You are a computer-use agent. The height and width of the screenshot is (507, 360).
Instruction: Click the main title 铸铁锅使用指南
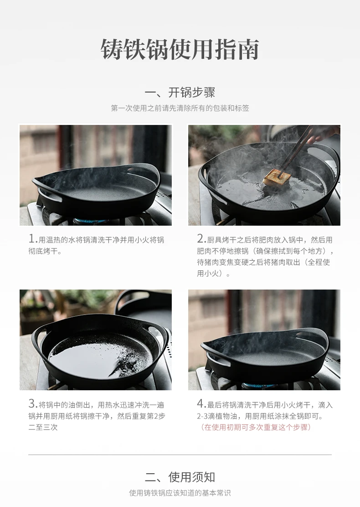[x=180, y=50]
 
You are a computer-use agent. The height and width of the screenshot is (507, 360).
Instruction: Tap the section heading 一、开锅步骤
[x=180, y=93]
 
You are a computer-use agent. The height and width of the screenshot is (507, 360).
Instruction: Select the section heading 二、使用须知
[x=180, y=477]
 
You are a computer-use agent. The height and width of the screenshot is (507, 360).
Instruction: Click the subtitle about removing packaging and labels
[x=180, y=108]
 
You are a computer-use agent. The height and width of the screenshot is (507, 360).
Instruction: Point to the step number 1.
[x=32, y=239]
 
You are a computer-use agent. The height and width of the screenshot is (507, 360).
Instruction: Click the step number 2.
[x=201, y=239]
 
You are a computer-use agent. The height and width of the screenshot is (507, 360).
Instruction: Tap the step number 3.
[x=32, y=404]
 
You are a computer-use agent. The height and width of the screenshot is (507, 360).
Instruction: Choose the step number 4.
[x=201, y=404]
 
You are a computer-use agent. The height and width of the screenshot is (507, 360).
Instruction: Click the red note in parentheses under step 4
[x=256, y=427]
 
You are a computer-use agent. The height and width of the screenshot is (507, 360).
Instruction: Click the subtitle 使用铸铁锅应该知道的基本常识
[x=180, y=493]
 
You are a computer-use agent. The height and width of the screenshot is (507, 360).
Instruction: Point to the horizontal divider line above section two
[x=180, y=455]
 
